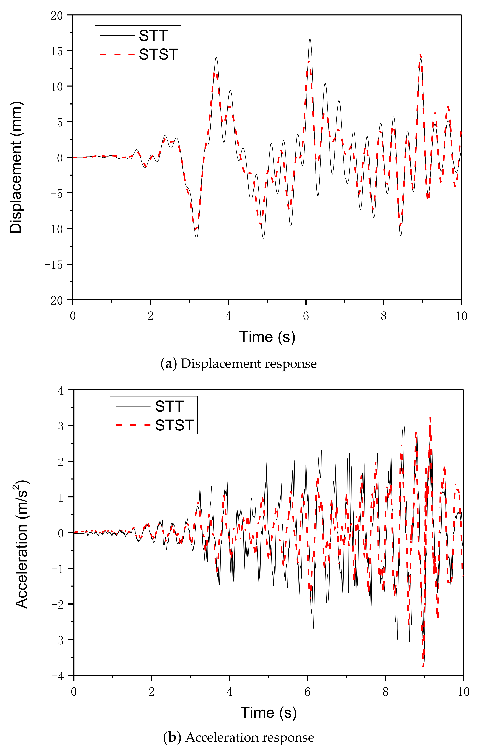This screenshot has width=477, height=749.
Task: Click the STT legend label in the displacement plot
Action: point(153,36)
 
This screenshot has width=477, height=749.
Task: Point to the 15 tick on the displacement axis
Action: point(57,51)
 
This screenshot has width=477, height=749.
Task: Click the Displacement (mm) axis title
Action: point(16,167)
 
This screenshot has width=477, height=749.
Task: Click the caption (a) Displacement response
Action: point(239,363)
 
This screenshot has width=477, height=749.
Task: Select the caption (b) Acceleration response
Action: point(239,738)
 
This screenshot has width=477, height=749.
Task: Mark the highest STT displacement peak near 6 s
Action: point(310,39)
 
